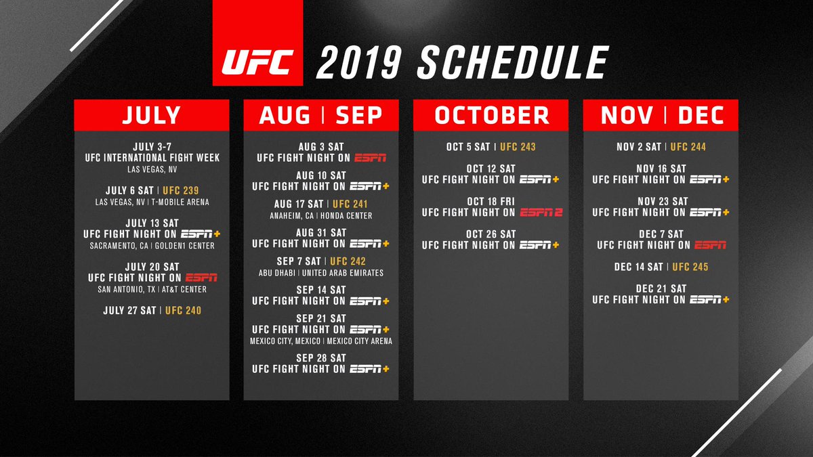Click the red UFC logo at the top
[x=257, y=63]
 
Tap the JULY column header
[x=152, y=116]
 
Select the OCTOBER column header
[x=491, y=116]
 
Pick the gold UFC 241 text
[x=350, y=204]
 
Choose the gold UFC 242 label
[x=348, y=261]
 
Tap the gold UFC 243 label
[x=518, y=147]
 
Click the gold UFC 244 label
[x=688, y=147]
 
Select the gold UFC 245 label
[x=690, y=267]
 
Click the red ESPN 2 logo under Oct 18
[x=541, y=213]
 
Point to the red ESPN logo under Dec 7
[x=710, y=245]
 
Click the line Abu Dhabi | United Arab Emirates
[x=321, y=273]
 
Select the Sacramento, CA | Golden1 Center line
[x=152, y=246]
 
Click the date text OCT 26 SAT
[x=491, y=234]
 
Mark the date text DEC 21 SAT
[x=661, y=288]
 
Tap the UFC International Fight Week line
[x=152, y=158]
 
